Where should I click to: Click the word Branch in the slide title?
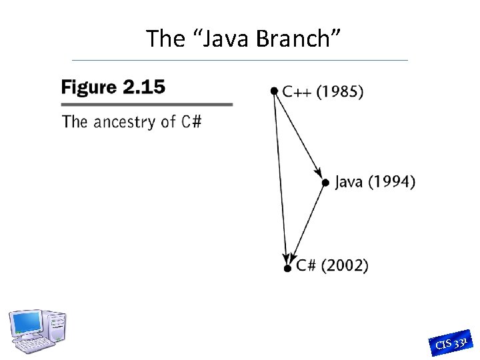pyautogui.click(x=299, y=39)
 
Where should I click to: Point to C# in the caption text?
pyautogui.click(x=190, y=122)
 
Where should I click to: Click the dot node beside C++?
pyautogui.click(x=274, y=91)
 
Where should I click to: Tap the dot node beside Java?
pyautogui.click(x=325, y=182)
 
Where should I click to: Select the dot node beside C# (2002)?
pyautogui.click(x=287, y=268)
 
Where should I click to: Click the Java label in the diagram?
pyautogui.click(x=349, y=181)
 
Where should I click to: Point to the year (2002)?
pyautogui.click(x=345, y=265)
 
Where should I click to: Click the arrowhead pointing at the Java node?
pyautogui.click(x=319, y=172)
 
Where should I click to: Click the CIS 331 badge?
pyautogui.click(x=452, y=342)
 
